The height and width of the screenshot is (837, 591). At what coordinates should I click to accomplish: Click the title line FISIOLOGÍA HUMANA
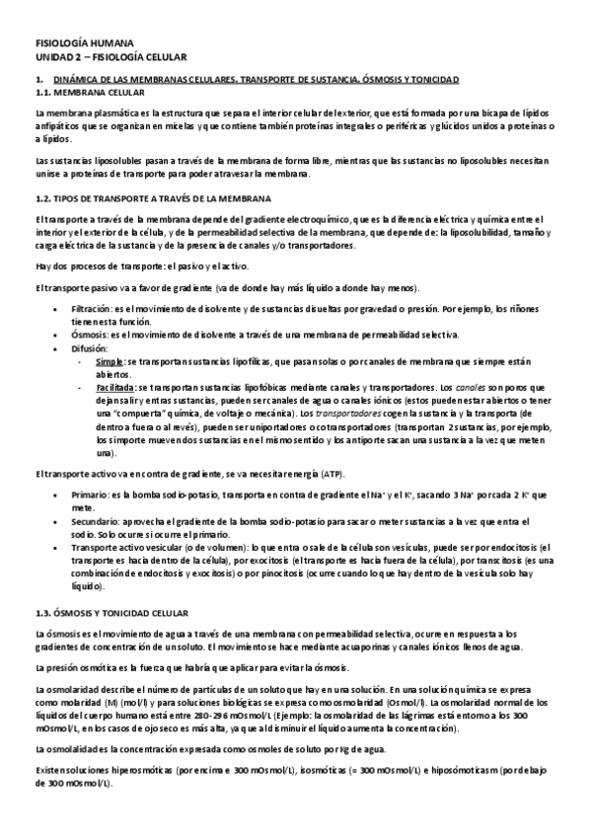pos(75,45)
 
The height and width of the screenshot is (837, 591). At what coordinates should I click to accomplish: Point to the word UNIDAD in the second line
pos(52,58)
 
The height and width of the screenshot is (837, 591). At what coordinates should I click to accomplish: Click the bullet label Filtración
pos(90,309)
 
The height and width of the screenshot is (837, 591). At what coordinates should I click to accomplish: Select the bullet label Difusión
pos(88,348)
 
